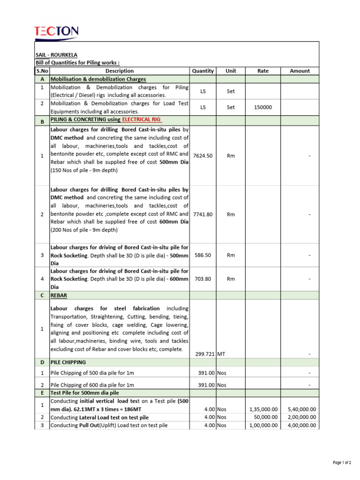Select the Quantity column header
click(202, 71)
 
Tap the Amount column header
click(300, 71)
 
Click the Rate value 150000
click(262, 107)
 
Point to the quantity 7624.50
click(202, 155)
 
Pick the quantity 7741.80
click(202, 214)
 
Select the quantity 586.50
click(202, 255)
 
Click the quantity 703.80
click(202, 279)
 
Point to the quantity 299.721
click(204, 354)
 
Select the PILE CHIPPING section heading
click(68, 362)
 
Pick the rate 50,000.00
click(265, 417)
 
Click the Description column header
click(120, 71)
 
